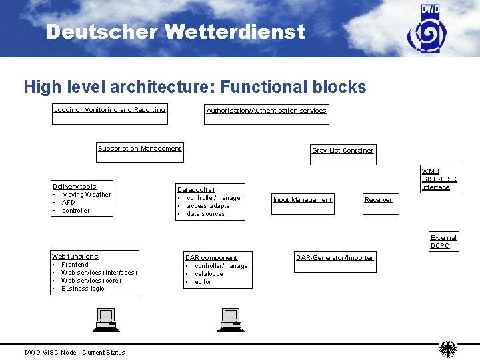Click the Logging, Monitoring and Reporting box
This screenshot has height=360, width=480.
(x=110, y=115)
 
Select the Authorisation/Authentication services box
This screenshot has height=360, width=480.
(x=267, y=115)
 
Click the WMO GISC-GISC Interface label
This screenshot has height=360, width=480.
(x=439, y=179)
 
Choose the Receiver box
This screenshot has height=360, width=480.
(x=380, y=203)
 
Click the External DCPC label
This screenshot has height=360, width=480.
(x=443, y=241)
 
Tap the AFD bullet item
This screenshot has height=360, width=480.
(x=69, y=203)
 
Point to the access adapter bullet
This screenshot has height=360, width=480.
(x=209, y=206)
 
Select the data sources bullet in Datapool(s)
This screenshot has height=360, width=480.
(x=206, y=214)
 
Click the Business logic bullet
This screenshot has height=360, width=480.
(x=83, y=289)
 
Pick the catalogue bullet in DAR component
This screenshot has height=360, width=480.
(x=209, y=274)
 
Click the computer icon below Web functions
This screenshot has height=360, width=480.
(x=105, y=319)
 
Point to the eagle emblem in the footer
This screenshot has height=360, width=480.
(x=449, y=349)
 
